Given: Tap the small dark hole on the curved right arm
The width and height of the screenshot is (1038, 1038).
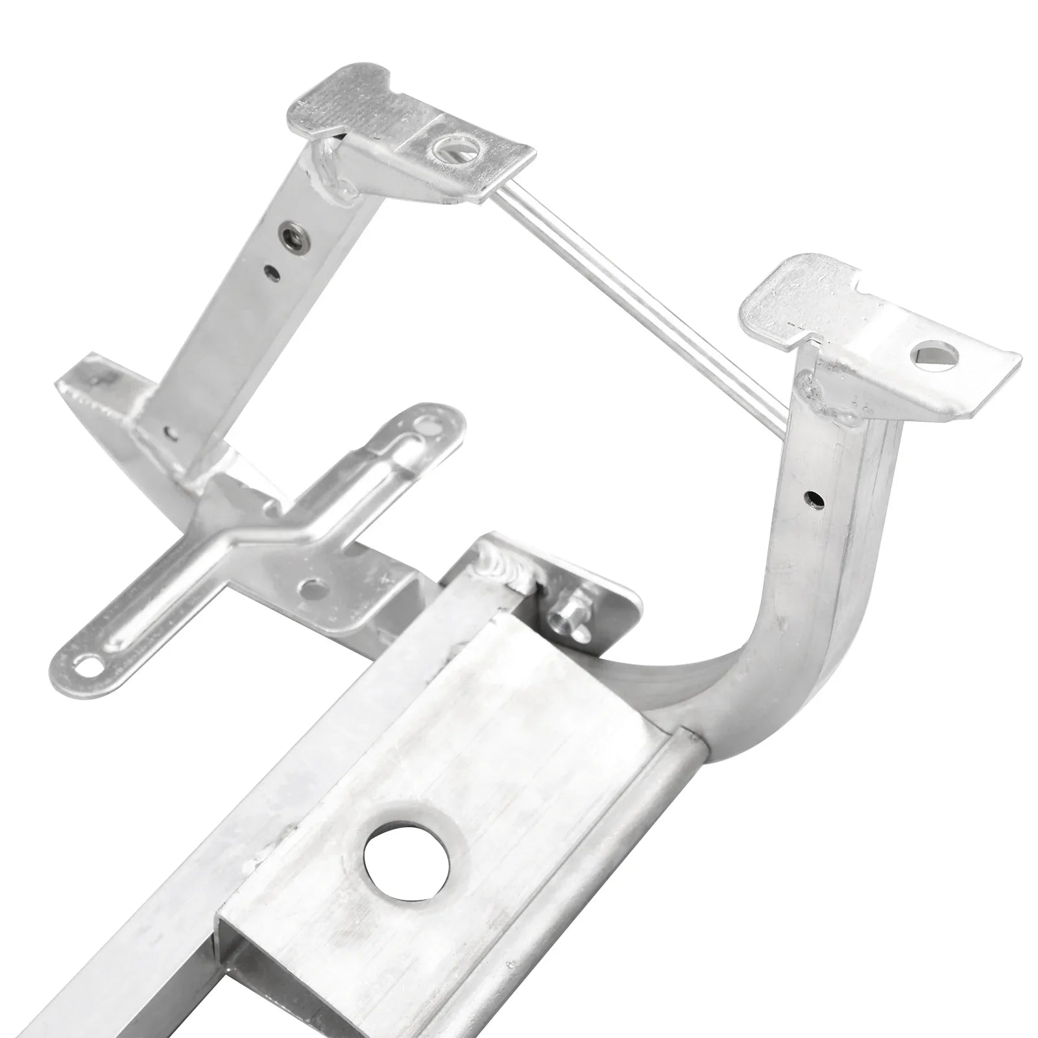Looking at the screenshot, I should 812,499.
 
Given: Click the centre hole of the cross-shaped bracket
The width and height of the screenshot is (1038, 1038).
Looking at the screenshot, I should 313,589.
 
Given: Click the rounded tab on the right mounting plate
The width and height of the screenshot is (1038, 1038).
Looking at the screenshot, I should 779,298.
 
